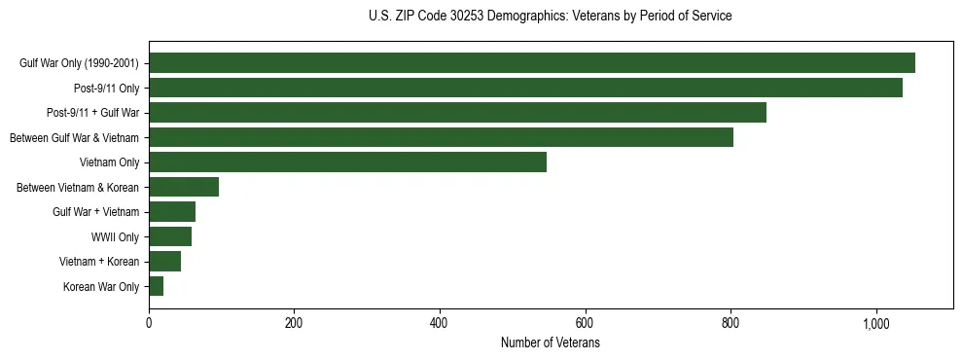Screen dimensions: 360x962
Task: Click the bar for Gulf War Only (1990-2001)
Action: click(x=531, y=63)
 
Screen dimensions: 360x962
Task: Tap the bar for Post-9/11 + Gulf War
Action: click(x=457, y=113)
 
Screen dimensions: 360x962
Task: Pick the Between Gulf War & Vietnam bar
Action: click(x=441, y=137)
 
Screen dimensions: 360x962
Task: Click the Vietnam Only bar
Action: click(x=347, y=162)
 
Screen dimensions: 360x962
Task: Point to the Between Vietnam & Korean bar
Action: click(x=184, y=187)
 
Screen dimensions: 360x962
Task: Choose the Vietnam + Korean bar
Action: click(x=164, y=262)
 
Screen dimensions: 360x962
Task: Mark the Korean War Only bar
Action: click(x=156, y=286)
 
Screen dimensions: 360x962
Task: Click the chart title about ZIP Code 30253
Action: click(x=551, y=17)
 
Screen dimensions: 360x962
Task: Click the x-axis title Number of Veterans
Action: click(x=551, y=343)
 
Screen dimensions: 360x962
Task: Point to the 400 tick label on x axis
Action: click(x=440, y=324)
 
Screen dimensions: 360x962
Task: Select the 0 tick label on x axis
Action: click(x=149, y=324)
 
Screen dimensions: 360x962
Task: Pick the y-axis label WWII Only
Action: click(x=115, y=236)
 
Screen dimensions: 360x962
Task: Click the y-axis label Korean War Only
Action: click(x=101, y=286)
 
